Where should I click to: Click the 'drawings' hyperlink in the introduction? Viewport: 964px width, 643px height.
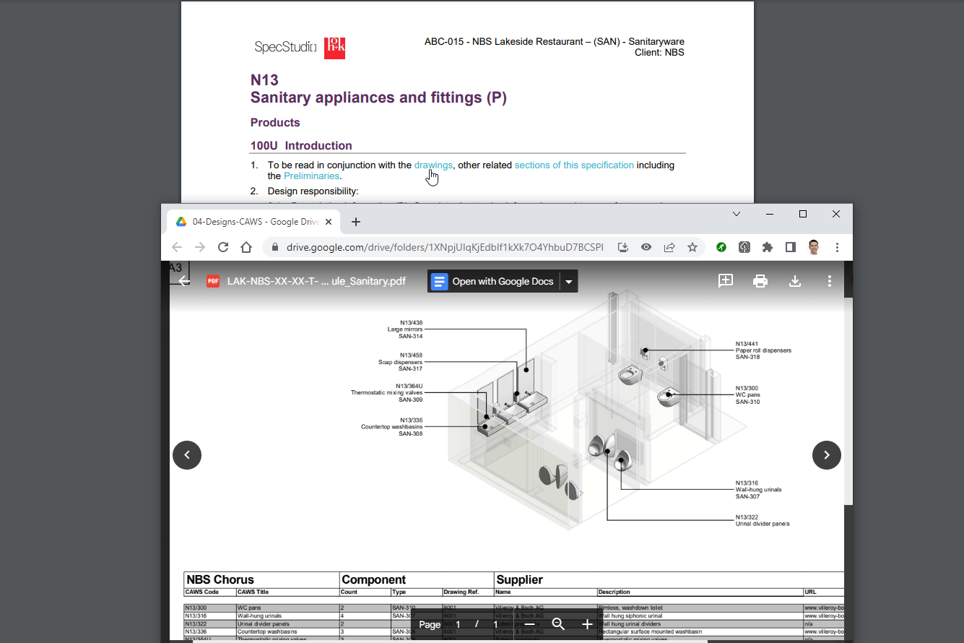433,165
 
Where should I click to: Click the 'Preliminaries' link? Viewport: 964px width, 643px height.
311,176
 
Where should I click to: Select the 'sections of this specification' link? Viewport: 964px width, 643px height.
574,165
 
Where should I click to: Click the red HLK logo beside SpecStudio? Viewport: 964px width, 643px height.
334,48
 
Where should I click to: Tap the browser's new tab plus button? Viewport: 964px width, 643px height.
355,222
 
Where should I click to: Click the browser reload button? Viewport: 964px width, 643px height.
223,247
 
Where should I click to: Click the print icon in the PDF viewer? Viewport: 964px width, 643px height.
760,281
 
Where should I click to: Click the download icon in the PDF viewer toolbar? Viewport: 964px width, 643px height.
795,281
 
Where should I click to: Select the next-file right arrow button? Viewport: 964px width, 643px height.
826,455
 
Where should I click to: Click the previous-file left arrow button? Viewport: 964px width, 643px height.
187,455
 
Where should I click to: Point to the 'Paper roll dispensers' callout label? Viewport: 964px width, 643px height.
763,350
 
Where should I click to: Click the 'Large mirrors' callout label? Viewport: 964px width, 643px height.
405,329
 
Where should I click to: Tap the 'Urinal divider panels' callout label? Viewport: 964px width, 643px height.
762,524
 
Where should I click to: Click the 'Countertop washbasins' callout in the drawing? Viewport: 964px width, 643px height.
392,427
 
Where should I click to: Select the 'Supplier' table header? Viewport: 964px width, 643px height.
518,579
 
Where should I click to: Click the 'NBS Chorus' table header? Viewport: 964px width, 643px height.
220,579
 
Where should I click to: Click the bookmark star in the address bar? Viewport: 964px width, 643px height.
692,247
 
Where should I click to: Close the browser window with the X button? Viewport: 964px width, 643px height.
835,214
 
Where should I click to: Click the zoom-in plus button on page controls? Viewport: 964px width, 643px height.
587,624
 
